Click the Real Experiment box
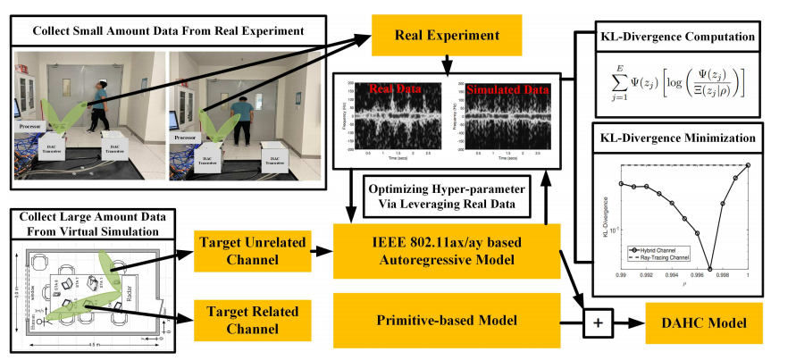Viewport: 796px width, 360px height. click(446, 38)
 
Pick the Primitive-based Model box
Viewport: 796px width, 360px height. click(446, 318)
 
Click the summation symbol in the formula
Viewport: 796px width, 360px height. click(619, 82)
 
